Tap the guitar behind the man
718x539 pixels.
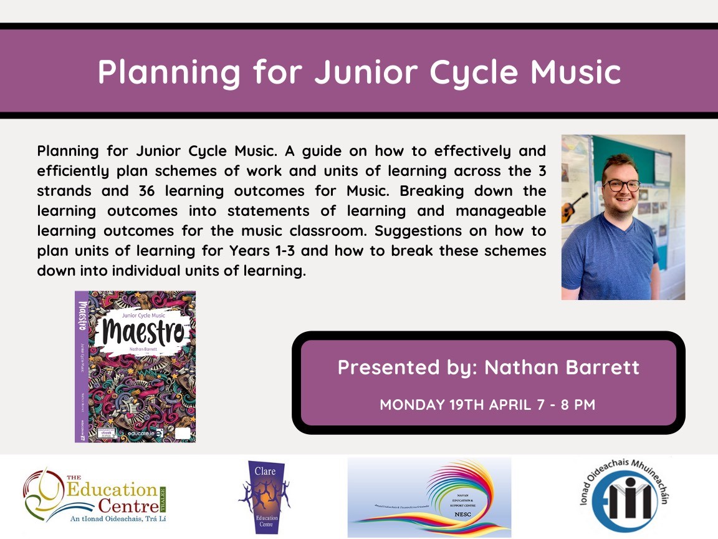(x=570, y=208)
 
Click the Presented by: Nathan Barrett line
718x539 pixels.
(x=488, y=367)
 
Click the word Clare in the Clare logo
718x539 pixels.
(x=264, y=469)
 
